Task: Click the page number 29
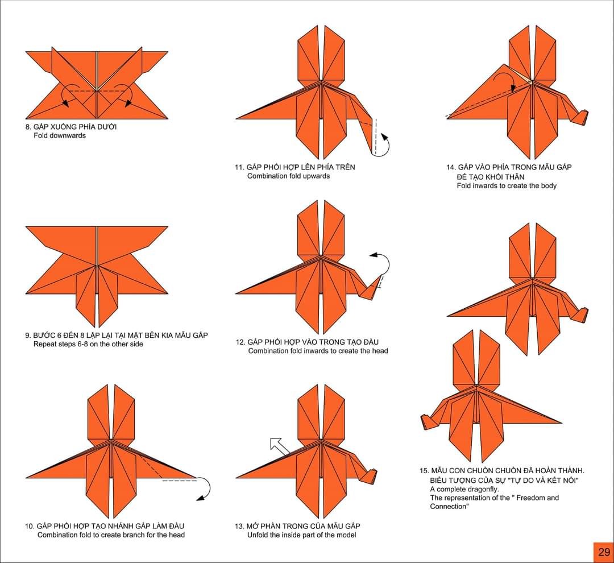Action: point(604,552)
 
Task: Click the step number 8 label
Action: point(28,127)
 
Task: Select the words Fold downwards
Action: point(60,135)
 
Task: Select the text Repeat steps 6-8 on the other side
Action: point(88,344)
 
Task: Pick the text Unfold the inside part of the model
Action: point(301,535)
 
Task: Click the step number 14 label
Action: point(451,167)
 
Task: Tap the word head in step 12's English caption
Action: point(379,351)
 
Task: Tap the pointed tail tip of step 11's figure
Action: point(236,118)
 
